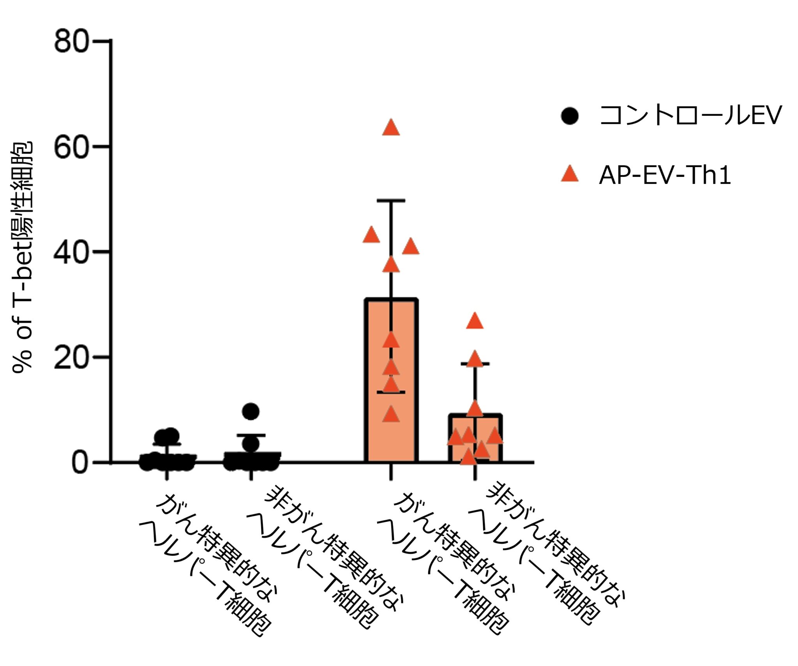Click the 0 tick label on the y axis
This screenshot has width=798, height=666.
[x=80, y=463]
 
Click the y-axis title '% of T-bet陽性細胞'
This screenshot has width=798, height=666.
[x=23, y=257]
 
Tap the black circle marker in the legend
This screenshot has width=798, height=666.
[x=570, y=116]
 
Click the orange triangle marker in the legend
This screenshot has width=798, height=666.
[x=570, y=174]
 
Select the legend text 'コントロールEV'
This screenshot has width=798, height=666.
[x=690, y=115]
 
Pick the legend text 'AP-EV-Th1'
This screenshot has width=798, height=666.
[x=665, y=175]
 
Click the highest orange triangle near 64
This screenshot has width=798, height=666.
[x=391, y=128]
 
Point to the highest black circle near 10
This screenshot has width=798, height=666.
[x=251, y=411]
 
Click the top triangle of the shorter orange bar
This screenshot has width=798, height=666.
[x=475, y=322]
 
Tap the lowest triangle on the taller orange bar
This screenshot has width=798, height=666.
[x=391, y=415]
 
